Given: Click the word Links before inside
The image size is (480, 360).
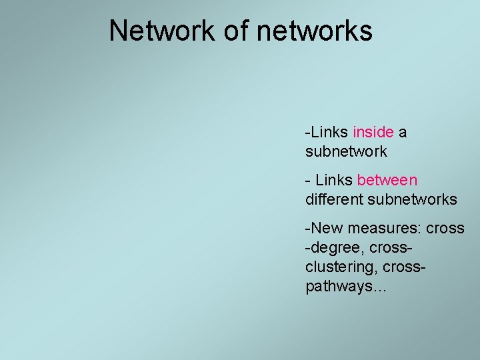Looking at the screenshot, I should pyautogui.click(x=329, y=132).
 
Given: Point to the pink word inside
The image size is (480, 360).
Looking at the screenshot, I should pyautogui.click(x=374, y=132).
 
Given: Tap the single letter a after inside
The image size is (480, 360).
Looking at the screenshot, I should pyautogui.click(x=403, y=132).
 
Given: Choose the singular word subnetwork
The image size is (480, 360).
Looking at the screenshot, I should pyautogui.click(x=345, y=151).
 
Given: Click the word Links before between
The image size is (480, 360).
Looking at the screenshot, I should pyautogui.click(x=335, y=180).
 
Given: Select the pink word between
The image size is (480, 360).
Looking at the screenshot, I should pyautogui.click(x=387, y=180).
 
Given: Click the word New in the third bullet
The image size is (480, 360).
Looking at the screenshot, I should pyautogui.click(x=323, y=228).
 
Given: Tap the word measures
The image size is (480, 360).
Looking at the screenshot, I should pyautogui.click(x=377, y=228).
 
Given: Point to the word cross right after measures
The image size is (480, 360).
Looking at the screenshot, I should pyautogui.click(x=445, y=228).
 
